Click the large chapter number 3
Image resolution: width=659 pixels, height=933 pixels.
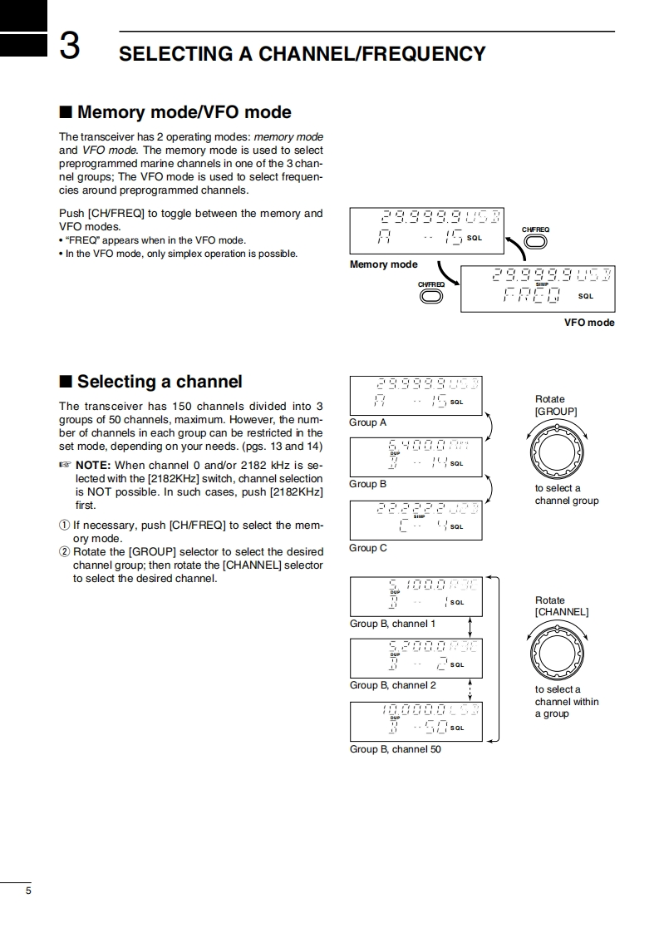tap(70, 47)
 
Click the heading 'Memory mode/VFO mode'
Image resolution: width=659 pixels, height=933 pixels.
tap(184, 112)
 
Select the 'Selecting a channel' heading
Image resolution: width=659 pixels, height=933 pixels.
tap(159, 382)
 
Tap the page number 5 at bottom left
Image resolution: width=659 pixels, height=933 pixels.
tap(28, 891)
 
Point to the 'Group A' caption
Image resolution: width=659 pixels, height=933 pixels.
tap(367, 422)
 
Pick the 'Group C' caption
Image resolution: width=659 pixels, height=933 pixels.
tap(367, 548)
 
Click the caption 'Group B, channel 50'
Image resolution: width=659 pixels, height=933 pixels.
tap(396, 749)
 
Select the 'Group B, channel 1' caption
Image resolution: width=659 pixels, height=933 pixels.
tap(392, 624)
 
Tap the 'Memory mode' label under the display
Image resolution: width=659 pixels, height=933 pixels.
tap(383, 264)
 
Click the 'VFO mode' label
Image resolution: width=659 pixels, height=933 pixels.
tap(589, 323)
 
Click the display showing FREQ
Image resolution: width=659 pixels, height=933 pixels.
tap(537, 287)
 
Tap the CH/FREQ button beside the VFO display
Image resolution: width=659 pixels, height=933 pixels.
tap(431, 297)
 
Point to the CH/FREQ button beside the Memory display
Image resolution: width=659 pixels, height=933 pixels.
tap(535, 242)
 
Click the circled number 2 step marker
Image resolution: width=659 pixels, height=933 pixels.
tap(65, 552)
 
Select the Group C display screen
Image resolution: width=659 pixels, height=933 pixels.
tap(416, 520)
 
